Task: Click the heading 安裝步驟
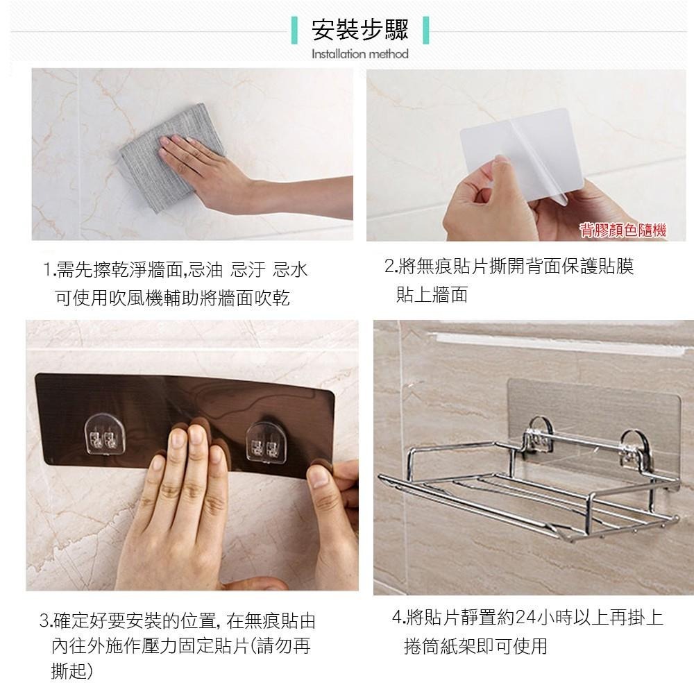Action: (359, 30)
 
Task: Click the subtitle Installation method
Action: (359, 54)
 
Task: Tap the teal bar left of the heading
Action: (294, 30)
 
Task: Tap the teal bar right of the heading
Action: (426, 30)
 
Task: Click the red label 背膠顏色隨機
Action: (623, 230)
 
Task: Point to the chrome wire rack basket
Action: (529, 482)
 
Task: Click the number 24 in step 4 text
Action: (526, 618)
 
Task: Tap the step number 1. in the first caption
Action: (49, 269)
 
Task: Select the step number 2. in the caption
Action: (390, 266)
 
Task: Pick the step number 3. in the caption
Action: (46, 620)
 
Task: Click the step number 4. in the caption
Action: (399, 618)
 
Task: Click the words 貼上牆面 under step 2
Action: (432, 294)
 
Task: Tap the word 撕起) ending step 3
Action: (72, 671)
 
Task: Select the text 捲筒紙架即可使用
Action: (476, 646)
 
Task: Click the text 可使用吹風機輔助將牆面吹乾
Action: (172, 298)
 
